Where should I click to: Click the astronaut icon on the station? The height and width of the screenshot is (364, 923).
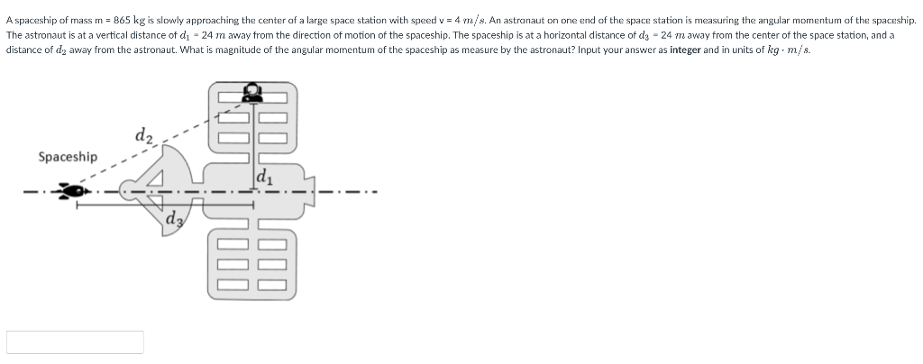252,92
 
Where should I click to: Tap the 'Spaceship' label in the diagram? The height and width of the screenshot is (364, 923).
68,157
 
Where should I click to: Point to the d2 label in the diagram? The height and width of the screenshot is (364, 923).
144,136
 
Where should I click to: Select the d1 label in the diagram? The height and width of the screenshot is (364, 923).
263,177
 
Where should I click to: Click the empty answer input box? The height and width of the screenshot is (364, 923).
75,342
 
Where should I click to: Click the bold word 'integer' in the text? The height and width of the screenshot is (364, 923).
685,50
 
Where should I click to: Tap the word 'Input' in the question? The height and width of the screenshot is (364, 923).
589,50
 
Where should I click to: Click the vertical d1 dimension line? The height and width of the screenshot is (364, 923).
253,146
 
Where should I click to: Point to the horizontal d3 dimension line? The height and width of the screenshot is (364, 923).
165,205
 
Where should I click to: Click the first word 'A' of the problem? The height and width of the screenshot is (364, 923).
9,20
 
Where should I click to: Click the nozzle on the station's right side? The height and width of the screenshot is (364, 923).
310,191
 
